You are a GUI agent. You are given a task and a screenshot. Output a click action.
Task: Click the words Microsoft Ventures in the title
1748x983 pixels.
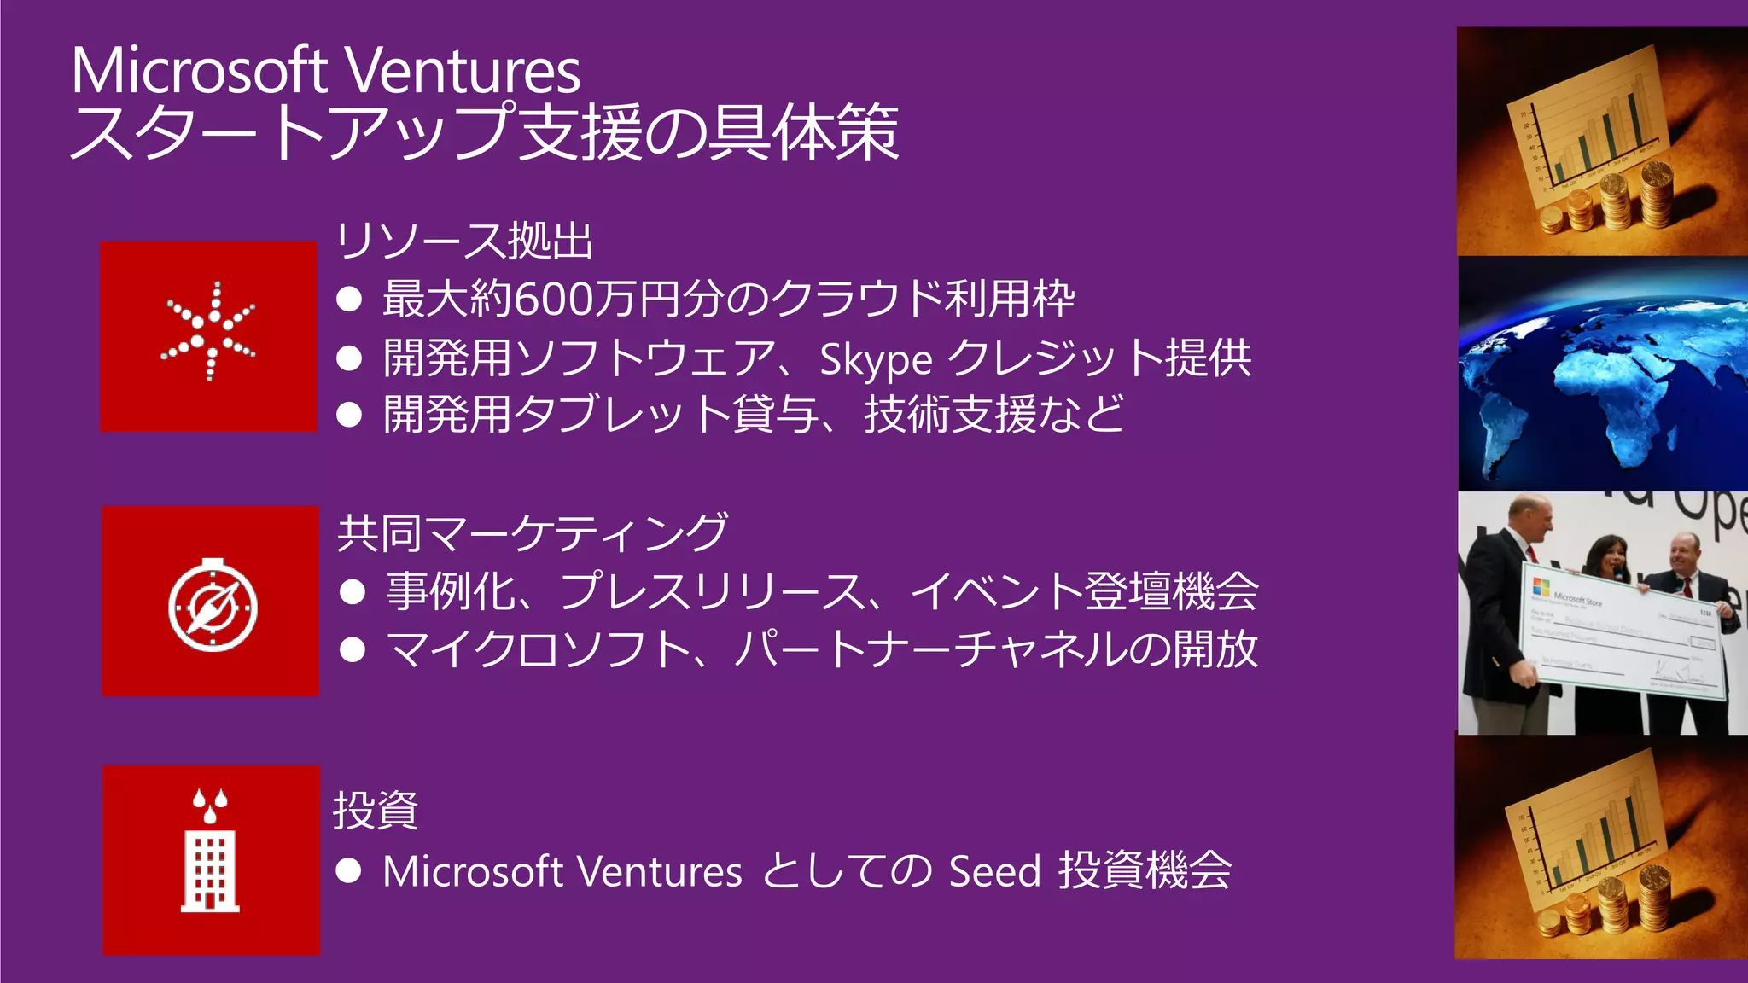[325, 71]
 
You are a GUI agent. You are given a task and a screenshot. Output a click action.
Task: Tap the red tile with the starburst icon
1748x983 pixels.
[208, 336]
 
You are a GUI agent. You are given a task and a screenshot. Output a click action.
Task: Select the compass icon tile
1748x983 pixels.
[212, 602]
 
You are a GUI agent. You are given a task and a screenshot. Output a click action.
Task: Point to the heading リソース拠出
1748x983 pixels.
[464, 241]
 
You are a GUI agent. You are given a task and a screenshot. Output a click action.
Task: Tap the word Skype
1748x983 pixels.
[875, 358]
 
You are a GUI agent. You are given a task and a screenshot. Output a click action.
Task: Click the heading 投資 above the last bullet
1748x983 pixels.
[375, 810]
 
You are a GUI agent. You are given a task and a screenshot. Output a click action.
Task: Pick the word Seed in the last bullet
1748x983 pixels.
[994, 871]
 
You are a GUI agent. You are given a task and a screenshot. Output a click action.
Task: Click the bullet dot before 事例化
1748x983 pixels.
[353, 592]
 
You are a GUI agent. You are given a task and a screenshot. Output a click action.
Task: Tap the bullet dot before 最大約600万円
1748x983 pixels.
[349, 299]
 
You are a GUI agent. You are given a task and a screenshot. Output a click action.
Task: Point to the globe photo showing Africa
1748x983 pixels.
[1601, 374]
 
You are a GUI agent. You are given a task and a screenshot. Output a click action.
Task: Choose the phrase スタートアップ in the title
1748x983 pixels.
[293, 134]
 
